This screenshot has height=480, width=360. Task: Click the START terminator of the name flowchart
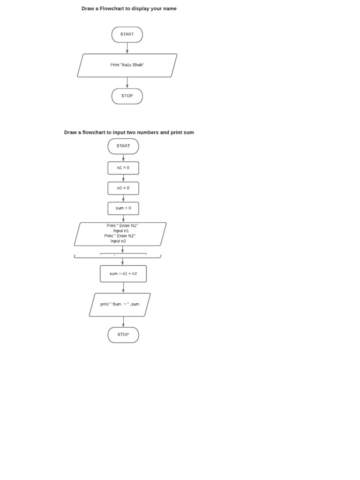point(127,34)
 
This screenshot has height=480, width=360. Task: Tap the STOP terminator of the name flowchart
point(127,96)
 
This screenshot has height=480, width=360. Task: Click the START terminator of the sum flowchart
point(123,146)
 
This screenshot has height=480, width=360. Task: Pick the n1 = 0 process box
point(123,168)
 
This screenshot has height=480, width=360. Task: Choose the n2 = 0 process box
point(123,188)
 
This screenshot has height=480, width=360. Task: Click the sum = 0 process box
point(123,208)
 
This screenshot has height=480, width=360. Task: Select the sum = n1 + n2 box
point(123,274)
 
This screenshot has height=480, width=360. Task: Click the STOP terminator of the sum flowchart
point(123,335)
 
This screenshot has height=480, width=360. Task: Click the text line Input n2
point(118,241)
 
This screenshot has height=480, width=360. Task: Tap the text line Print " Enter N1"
point(122,225)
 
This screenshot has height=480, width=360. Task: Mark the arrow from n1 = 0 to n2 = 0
point(123,178)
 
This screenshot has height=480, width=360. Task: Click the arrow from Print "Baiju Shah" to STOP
point(127,82)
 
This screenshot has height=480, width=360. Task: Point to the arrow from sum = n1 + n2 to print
point(123,287)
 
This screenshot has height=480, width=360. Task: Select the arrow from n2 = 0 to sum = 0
point(123,198)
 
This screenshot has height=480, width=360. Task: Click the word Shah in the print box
point(138,65)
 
